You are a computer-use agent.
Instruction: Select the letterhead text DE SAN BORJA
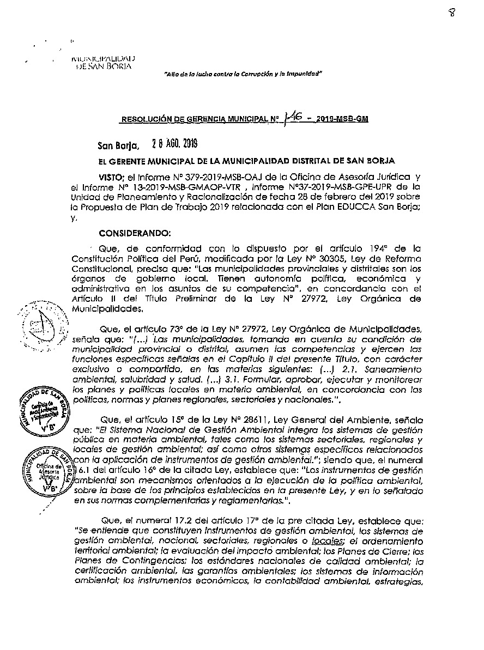point(104,66)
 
